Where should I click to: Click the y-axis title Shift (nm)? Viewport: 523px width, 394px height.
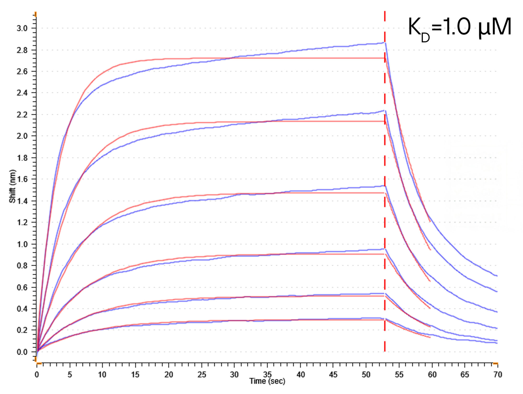click(12, 186)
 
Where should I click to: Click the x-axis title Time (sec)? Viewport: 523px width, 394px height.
click(267, 381)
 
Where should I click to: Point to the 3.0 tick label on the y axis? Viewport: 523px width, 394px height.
click(22, 28)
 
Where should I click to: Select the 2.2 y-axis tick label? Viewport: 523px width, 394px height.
click(22, 115)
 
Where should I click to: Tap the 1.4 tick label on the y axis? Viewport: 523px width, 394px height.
click(22, 201)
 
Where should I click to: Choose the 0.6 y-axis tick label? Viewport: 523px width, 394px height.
click(22, 287)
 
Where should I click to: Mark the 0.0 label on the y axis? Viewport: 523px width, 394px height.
click(22, 352)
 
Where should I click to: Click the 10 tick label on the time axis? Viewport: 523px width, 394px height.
click(102, 375)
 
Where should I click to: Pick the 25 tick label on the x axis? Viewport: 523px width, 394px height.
click(202, 375)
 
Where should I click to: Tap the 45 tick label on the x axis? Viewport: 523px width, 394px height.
click(333, 375)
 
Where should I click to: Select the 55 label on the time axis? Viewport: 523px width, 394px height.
click(399, 375)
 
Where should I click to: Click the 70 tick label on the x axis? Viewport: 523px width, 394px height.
click(498, 375)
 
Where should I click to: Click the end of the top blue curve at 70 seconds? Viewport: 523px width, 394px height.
click(497, 276)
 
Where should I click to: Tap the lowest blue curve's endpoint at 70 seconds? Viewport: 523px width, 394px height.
click(497, 343)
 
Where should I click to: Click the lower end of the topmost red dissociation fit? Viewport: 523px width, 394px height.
click(430, 222)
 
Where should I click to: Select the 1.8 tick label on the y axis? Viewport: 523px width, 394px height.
click(22, 158)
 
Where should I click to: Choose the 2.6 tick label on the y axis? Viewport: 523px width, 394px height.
click(22, 71)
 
